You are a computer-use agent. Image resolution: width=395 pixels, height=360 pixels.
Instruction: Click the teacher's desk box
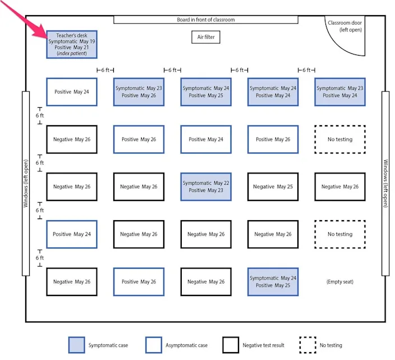pyautogui.click(x=72, y=44)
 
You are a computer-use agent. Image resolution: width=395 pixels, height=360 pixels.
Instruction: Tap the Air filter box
pyautogui.click(x=206, y=37)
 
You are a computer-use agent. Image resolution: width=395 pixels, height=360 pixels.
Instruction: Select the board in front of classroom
pyautogui.click(x=206, y=20)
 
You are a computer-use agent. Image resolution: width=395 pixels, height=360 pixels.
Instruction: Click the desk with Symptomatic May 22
pyautogui.click(x=206, y=186)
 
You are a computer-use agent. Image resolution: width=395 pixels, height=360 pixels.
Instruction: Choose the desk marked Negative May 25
pyautogui.click(x=273, y=186)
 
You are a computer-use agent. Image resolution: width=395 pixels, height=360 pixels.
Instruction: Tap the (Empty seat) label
pyautogui.click(x=340, y=281)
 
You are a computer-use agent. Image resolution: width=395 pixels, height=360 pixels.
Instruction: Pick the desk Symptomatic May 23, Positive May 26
pyautogui.click(x=139, y=92)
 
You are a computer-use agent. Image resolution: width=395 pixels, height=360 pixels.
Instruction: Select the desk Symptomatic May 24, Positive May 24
pyautogui.click(x=273, y=92)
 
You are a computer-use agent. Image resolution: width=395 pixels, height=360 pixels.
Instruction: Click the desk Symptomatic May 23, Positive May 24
pyautogui.click(x=340, y=92)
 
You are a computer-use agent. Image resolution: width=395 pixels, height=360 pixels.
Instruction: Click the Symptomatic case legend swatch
pyautogui.click(x=76, y=345)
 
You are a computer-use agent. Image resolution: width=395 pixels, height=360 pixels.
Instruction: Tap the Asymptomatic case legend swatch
pyautogui.click(x=154, y=345)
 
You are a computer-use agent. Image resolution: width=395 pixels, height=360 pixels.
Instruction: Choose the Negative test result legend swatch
pyautogui.click(x=231, y=345)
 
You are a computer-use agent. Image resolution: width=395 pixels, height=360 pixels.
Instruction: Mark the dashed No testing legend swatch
pyautogui.click(x=308, y=345)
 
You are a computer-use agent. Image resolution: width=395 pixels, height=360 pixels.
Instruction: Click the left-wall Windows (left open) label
pyautogui.click(x=26, y=183)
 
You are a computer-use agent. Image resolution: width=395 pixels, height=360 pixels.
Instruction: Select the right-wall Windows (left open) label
pyautogui.click(x=385, y=183)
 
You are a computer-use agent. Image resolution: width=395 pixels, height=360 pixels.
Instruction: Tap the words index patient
pyautogui.click(x=72, y=53)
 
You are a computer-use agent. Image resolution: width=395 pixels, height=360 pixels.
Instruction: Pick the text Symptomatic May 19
pyautogui.click(x=72, y=42)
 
